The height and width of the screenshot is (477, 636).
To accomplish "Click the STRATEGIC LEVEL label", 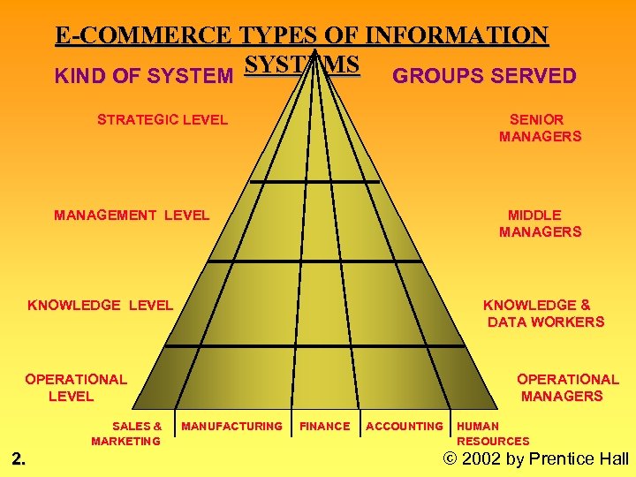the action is point(163,119).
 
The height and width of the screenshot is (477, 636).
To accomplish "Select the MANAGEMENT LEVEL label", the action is point(132,215).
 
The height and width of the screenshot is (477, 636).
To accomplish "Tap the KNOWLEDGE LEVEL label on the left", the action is point(100,305).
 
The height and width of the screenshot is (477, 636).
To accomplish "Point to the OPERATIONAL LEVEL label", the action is point(75,388).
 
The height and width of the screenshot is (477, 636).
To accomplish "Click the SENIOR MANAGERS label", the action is point(539,128).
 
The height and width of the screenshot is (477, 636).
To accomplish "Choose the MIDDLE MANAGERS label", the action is point(539,223).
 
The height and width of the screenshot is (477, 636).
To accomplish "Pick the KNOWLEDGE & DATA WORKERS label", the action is point(544,314).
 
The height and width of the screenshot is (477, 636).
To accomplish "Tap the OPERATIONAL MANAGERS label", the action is point(565,388).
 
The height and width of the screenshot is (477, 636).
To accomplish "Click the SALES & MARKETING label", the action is point(127,434).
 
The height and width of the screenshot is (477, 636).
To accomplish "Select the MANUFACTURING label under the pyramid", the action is point(231,427).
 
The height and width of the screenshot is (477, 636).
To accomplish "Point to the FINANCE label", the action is point(325,427).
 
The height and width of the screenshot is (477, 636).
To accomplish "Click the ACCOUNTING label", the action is point(405,427).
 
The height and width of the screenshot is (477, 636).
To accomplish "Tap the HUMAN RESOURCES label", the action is point(492,434).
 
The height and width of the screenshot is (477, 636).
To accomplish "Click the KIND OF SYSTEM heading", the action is point(143,77).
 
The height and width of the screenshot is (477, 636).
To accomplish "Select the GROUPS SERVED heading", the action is point(484,76).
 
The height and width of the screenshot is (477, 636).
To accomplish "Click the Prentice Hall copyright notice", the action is point(535,458).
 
